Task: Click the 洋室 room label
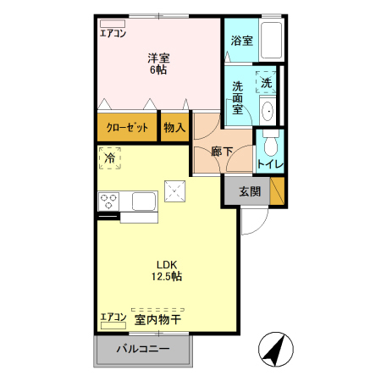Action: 158,58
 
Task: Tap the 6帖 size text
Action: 158,70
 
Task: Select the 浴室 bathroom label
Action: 241,40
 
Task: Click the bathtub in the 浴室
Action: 272,41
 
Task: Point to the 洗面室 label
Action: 238,96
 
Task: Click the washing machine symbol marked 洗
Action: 266,82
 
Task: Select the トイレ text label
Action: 270,164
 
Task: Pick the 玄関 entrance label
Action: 249,191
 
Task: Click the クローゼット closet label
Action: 127,128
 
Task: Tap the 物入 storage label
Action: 175,128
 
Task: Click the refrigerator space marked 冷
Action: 109,157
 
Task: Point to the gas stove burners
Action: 109,201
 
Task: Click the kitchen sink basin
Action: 142,202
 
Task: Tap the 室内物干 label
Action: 158,318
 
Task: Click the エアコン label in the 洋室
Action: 113,35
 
